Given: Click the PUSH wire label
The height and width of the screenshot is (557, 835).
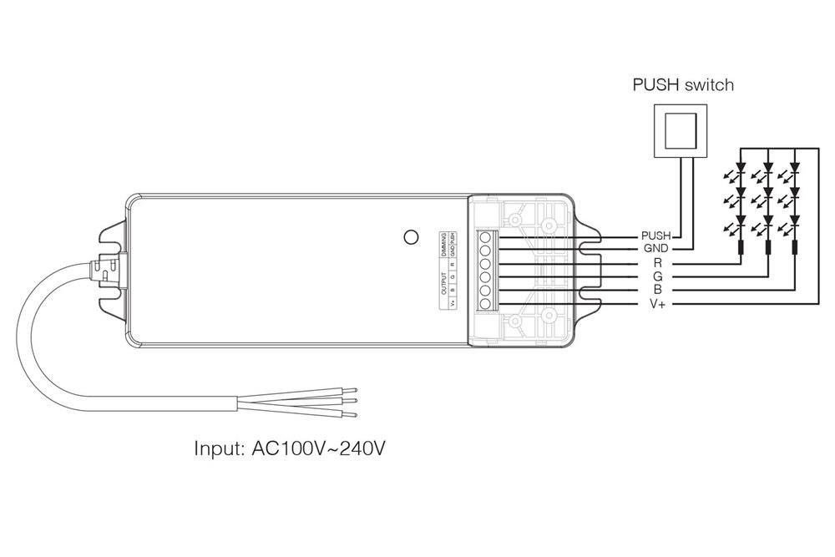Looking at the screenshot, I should pyautogui.click(x=658, y=237).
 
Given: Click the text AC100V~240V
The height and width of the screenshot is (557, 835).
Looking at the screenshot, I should pyautogui.click(x=319, y=449).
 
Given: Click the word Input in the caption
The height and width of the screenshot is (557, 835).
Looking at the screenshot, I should pyautogui.click(x=219, y=449).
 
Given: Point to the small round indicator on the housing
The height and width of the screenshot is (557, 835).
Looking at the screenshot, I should pyautogui.click(x=410, y=237).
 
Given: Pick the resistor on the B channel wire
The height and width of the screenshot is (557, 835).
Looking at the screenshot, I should pyautogui.click(x=794, y=248).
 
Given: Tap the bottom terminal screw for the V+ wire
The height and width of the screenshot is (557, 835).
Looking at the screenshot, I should pyautogui.click(x=485, y=302).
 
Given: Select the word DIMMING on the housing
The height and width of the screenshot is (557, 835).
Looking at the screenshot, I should pyautogui.click(x=443, y=245).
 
